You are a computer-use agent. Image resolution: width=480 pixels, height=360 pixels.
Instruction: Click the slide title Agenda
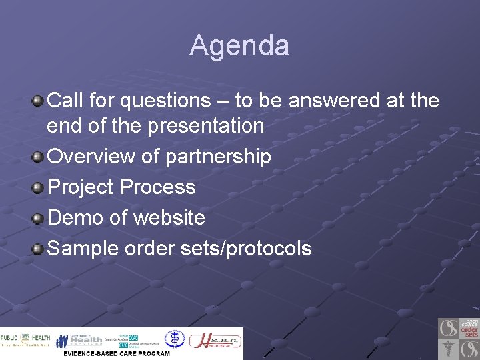[x=239, y=46]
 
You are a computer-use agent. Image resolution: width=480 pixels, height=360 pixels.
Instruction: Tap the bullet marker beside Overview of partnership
[x=39, y=157]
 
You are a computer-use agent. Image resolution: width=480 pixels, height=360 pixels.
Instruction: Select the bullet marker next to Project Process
[x=39, y=188]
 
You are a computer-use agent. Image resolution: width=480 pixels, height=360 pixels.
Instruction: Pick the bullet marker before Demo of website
[x=39, y=219]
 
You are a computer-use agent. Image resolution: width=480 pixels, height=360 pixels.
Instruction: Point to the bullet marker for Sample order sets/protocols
[x=39, y=249]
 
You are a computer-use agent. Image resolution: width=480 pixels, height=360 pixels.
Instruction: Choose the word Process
[x=158, y=187]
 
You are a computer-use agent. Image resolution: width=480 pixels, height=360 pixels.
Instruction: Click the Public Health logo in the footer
[x=25, y=339]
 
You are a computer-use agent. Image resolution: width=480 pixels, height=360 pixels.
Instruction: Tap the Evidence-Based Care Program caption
[x=117, y=353]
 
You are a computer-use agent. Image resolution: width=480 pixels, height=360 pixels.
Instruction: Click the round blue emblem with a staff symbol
[x=175, y=339]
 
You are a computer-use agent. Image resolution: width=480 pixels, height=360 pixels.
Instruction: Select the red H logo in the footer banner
[x=215, y=340]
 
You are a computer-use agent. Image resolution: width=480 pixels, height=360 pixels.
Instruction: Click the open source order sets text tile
[x=470, y=328]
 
